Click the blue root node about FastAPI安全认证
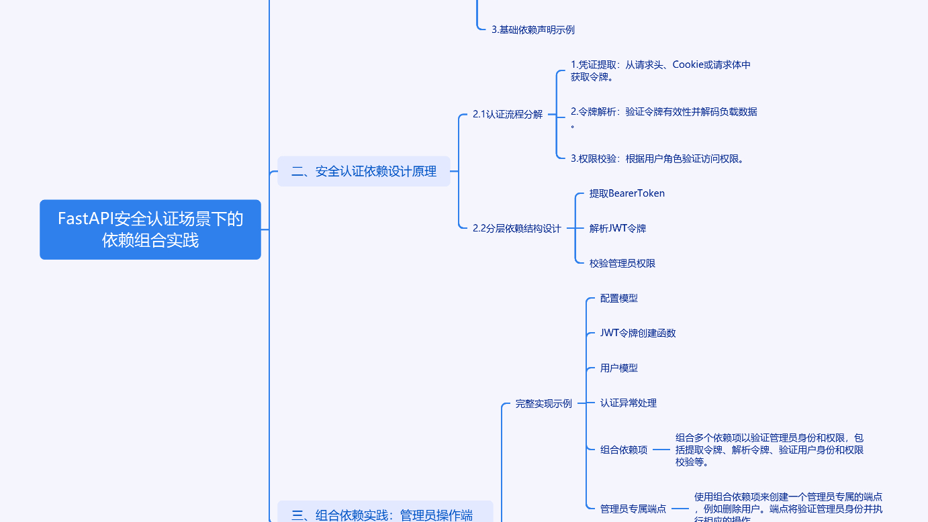(x=150, y=229)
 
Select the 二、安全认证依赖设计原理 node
(x=363, y=171)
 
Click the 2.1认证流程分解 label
(x=507, y=115)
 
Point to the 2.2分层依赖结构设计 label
(x=516, y=229)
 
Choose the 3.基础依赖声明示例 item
(x=532, y=30)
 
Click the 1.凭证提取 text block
(x=660, y=70)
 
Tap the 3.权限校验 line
(x=657, y=159)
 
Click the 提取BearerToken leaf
(x=627, y=194)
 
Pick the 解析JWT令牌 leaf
(x=617, y=229)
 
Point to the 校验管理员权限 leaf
(x=622, y=264)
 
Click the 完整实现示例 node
(x=543, y=404)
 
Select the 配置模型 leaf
(x=618, y=299)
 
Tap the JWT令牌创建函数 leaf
(x=637, y=333)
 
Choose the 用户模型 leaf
(x=618, y=368)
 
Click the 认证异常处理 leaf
(x=628, y=403)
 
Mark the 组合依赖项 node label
(x=623, y=450)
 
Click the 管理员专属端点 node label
(x=633, y=509)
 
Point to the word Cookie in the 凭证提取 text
(x=688, y=65)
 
